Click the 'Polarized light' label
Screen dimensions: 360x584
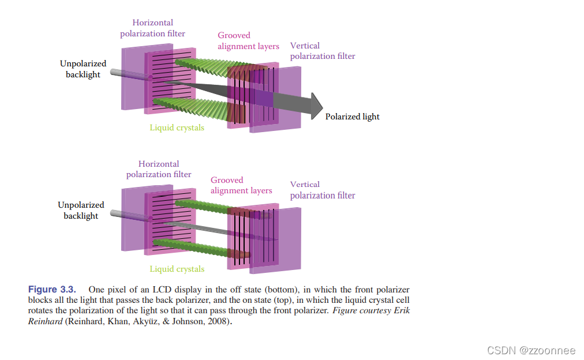(x=352, y=117)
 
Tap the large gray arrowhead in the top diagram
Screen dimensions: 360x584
(x=316, y=106)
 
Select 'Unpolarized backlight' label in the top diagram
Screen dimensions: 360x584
(x=83, y=69)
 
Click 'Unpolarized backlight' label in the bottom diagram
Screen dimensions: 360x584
(x=81, y=210)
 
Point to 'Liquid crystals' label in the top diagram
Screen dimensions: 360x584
(x=177, y=127)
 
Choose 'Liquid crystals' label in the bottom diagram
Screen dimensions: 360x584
(x=177, y=269)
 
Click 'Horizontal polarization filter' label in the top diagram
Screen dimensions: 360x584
(x=152, y=28)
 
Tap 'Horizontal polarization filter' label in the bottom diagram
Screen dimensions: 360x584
(x=159, y=169)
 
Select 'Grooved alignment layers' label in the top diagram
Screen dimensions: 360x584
(x=248, y=40)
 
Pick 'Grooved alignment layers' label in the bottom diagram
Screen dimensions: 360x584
(x=241, y=185)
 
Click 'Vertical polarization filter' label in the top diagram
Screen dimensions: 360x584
(x=322, y=51)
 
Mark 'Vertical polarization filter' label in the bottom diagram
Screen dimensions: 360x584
(x=322, y=190)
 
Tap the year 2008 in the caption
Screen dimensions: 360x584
(x=220, y=321)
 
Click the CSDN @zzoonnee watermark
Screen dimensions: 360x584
(x=531, y=350)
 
